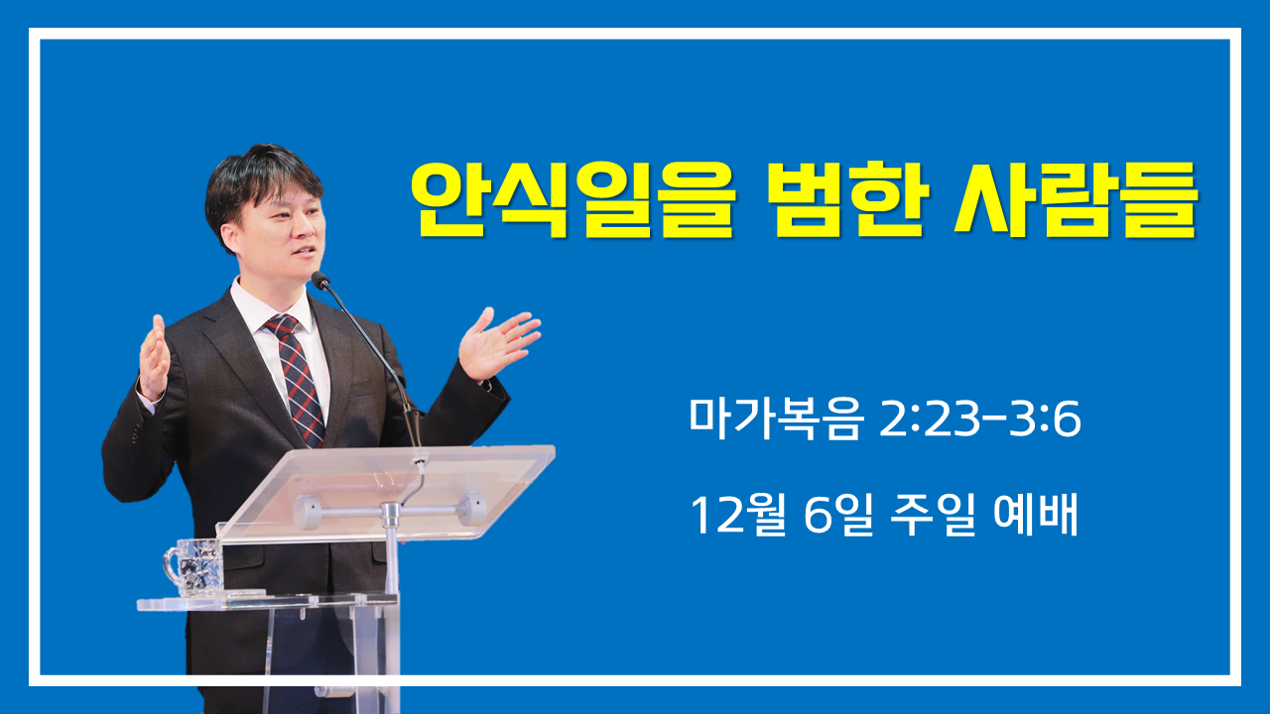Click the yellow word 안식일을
click(x=573, y=199)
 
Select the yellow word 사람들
click(x=1077, y=199)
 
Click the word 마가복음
click(x=776, y=418)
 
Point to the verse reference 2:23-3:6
click(x=980, y=419)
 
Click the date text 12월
click(x=737, y=515)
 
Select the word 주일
click(x=933, y=515)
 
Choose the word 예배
click(x=1035, y=514)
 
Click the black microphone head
click(x=320, y=280)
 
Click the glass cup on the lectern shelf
click(x=193, y=567)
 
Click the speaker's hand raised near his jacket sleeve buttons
click(x=154, y=358)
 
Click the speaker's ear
click(x=229, y=236)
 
